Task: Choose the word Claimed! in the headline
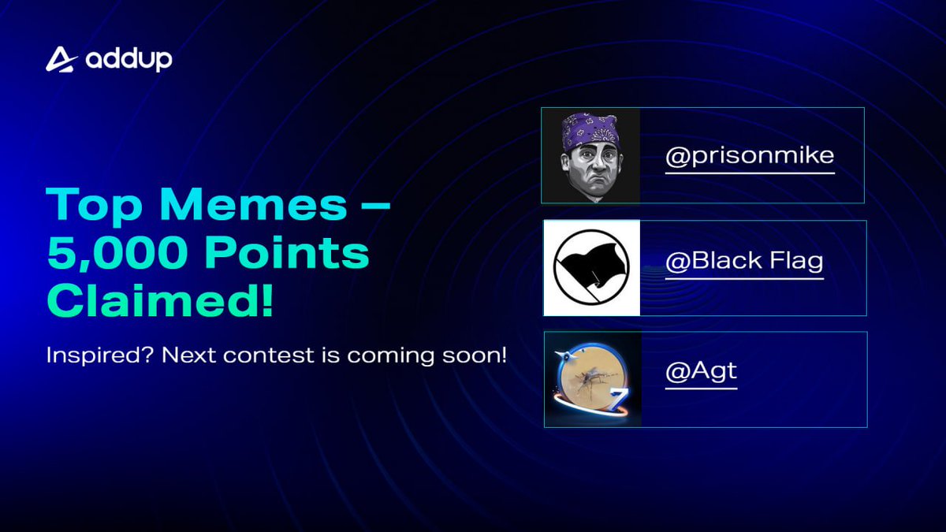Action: click(160, 302)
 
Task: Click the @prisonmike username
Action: click(749, 155)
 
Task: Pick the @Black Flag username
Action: click(744, 262)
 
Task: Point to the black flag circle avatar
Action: click(591, 269)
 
